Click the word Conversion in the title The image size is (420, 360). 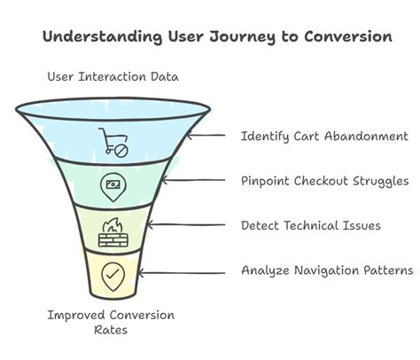tap(346, 36)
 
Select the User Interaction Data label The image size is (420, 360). tap(113, 77)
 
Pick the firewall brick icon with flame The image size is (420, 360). tap(113, 233)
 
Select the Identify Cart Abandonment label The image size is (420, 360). tap(324, 137)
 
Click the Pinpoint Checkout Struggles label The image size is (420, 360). tap(324, 181)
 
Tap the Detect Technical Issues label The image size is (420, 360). tap(310, 226)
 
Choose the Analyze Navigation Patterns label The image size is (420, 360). tap(327, 270)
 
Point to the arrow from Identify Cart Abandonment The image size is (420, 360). tap(210, 137)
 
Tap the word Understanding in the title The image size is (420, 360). tap(89, 36)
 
